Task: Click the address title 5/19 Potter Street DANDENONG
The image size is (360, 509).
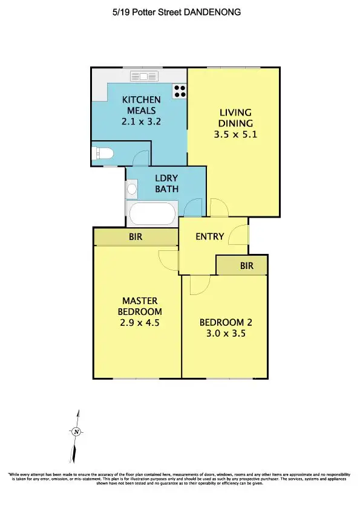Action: pos(180,12)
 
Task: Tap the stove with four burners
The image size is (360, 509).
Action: pos(180,91)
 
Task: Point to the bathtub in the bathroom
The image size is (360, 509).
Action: pos(152,214)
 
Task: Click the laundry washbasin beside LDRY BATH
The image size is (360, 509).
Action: pos(132,189)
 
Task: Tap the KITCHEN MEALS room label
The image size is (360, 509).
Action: pos(142,105)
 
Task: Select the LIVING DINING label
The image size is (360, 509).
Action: pos(235,118)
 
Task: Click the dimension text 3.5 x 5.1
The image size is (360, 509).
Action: pos(235,135)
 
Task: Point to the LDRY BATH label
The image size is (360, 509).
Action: pos(166,184)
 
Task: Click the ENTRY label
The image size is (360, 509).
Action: pos(210,236)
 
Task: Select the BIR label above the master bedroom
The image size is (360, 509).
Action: pos(136,237)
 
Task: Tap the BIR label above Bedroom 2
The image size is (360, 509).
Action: pos(246,265)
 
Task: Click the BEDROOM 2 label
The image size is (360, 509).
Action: pos(226,322)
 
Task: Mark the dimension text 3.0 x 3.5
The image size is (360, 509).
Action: pos(226,334)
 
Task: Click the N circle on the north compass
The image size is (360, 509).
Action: pos(76,432)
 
